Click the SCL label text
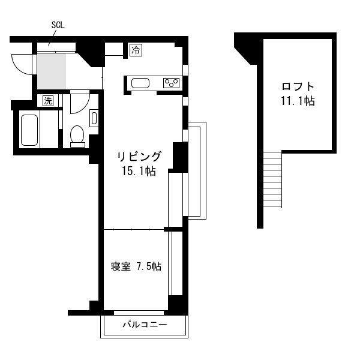58,25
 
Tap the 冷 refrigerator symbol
136,50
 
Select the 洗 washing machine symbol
48,101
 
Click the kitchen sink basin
140,83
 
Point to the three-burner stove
171,83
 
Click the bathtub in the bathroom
29,130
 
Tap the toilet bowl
77,136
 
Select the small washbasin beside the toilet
94,118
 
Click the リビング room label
139,157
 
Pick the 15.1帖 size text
139,171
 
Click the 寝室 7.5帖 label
136,266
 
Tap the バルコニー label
145,325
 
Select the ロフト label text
298,86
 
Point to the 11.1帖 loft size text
298,101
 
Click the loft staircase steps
272,179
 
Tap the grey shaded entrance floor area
52,71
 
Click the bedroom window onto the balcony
139,313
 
